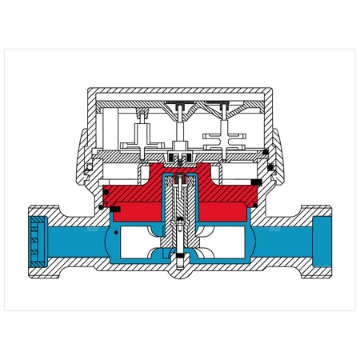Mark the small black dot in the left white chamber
coord(116,233)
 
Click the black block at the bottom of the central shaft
coord(181,258)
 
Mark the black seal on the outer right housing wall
coord(273,166)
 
